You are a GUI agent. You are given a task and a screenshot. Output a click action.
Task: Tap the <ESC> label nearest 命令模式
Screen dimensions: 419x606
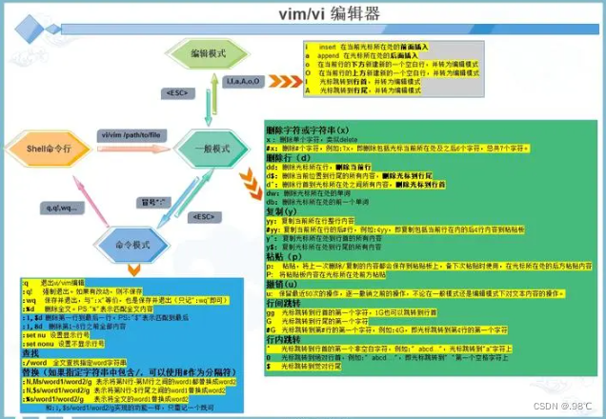[x=202, y=217]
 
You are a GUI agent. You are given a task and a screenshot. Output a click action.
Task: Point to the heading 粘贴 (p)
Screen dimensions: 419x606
[x=285, y=255]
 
